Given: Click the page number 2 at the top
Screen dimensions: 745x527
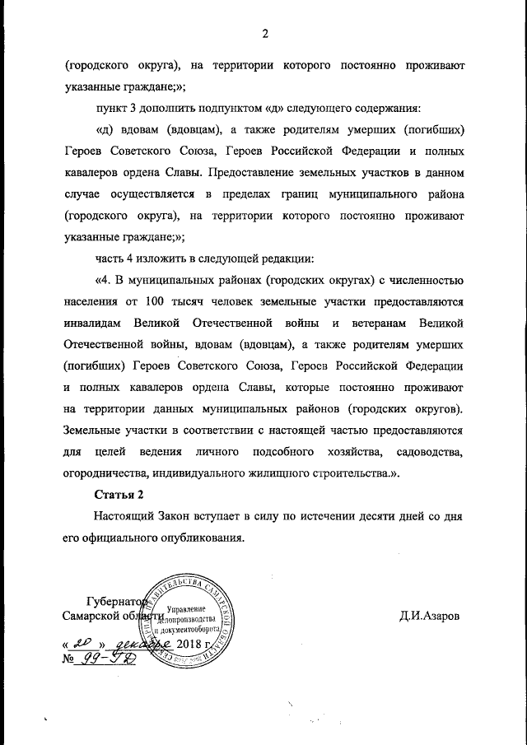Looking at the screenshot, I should tap(264, 34).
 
